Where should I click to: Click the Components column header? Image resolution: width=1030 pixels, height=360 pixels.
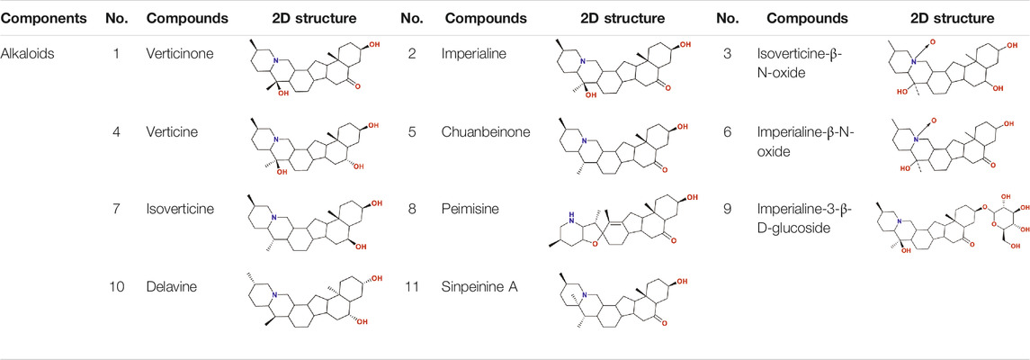(44, 18)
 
